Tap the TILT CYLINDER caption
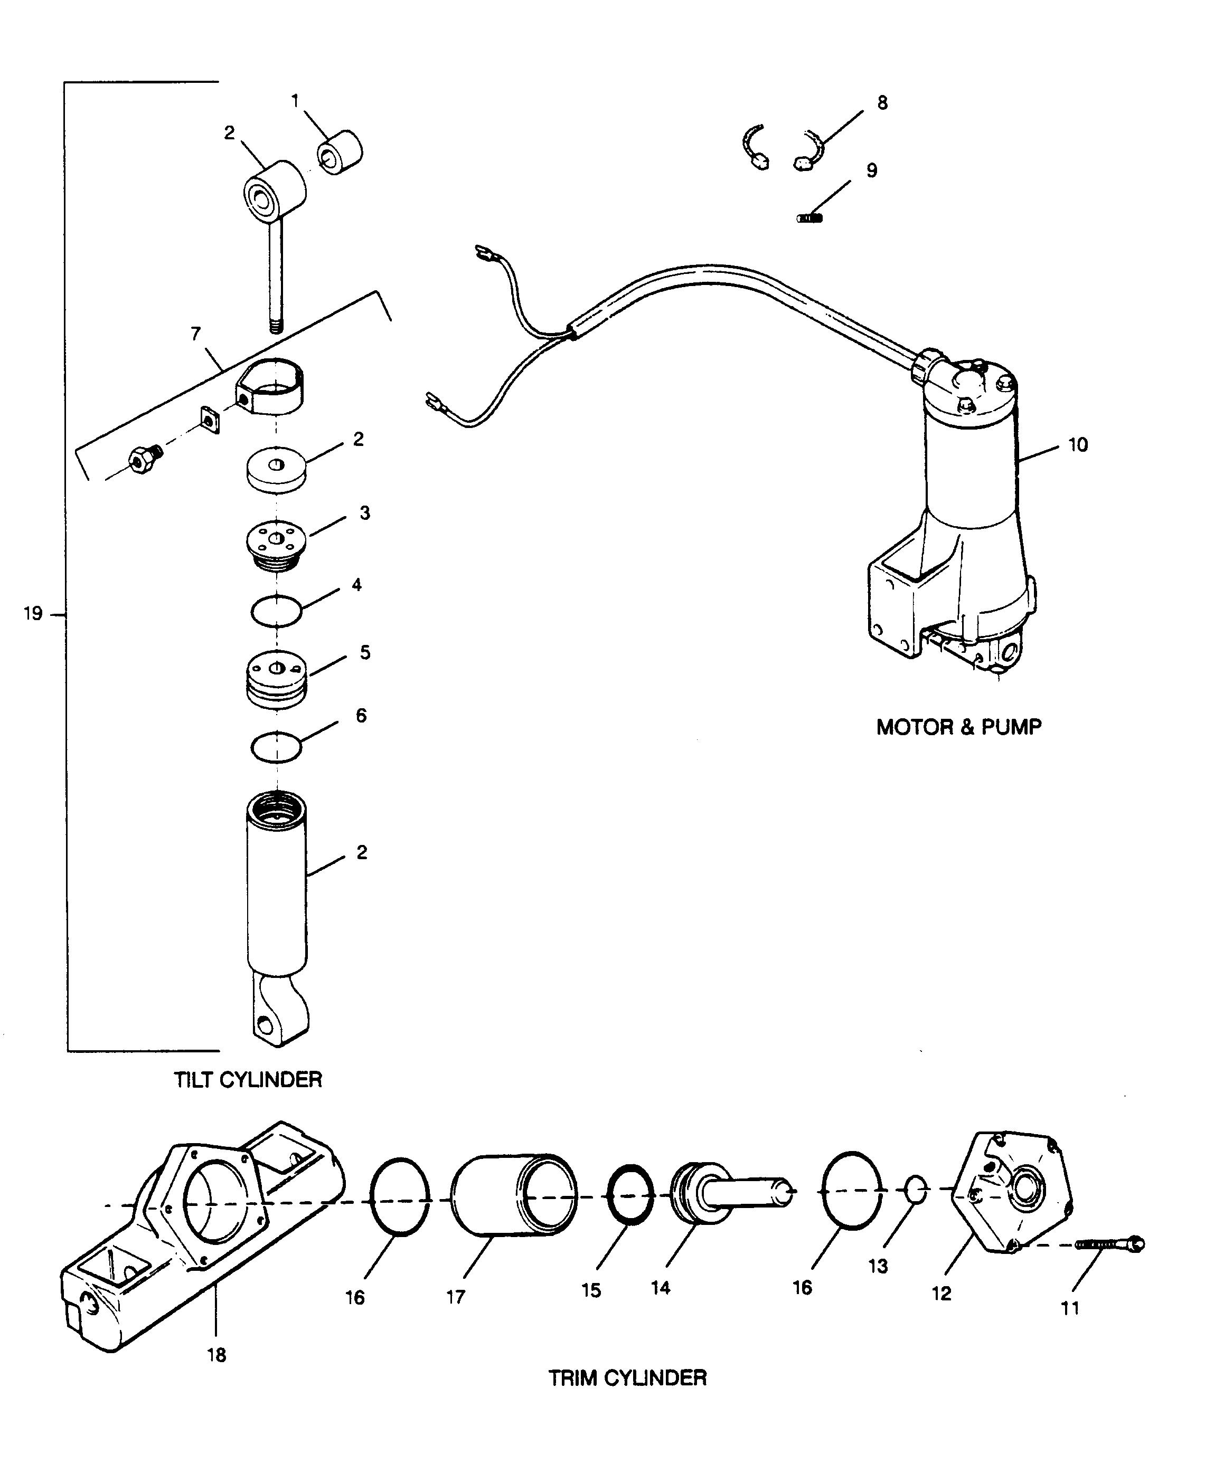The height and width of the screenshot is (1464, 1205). tap(248, 1080)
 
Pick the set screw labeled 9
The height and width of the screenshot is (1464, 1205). tap(810, 218)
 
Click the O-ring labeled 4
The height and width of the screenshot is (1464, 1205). tap(276, 611)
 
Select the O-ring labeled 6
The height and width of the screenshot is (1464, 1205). tap(276, 747)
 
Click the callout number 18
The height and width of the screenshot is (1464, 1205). tap(216, 1354)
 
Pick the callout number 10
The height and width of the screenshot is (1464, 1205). tap(1077, 445)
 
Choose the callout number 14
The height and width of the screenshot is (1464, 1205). tap(661, 1288)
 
